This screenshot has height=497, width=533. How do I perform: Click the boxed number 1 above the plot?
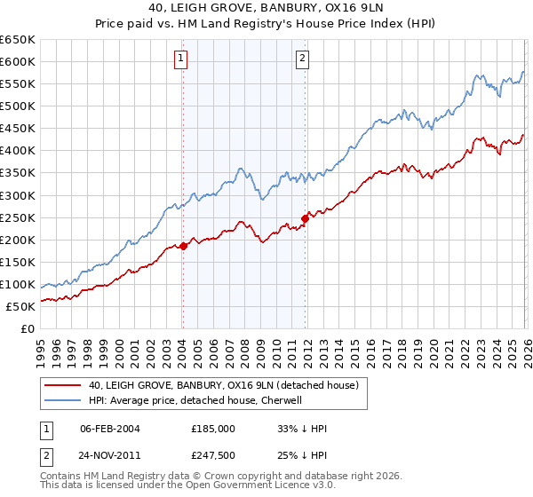coord(181,59)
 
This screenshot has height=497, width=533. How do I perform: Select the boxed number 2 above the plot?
coord(303,59)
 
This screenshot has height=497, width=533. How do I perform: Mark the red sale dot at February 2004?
coord(183,246)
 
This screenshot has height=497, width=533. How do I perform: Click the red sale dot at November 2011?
coord(305,217)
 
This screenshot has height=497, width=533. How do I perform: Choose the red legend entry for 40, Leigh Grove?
coord(222,385)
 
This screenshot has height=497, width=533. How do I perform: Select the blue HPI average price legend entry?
coord(195,400)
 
